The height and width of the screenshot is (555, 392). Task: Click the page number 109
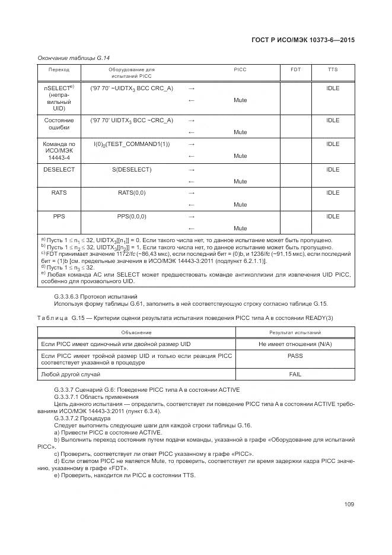click(349, 505)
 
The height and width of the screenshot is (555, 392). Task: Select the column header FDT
click(295, 70)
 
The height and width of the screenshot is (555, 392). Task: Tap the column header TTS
click(333, 70)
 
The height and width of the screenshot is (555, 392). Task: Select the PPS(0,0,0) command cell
click(132, 217)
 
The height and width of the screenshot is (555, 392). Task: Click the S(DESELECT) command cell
click(132, 170)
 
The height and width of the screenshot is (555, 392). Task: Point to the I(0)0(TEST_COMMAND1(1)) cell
click(132, 144)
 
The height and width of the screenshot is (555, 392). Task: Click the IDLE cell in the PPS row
click(333, 217)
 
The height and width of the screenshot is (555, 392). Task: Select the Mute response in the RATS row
click(240, 205)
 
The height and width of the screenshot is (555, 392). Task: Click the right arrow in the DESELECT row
click(191, 170)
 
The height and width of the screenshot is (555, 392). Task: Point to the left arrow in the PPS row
click(191, 229)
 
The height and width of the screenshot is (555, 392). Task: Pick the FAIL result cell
click(295, 375)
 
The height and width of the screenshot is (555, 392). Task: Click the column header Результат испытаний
click(295, 332)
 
